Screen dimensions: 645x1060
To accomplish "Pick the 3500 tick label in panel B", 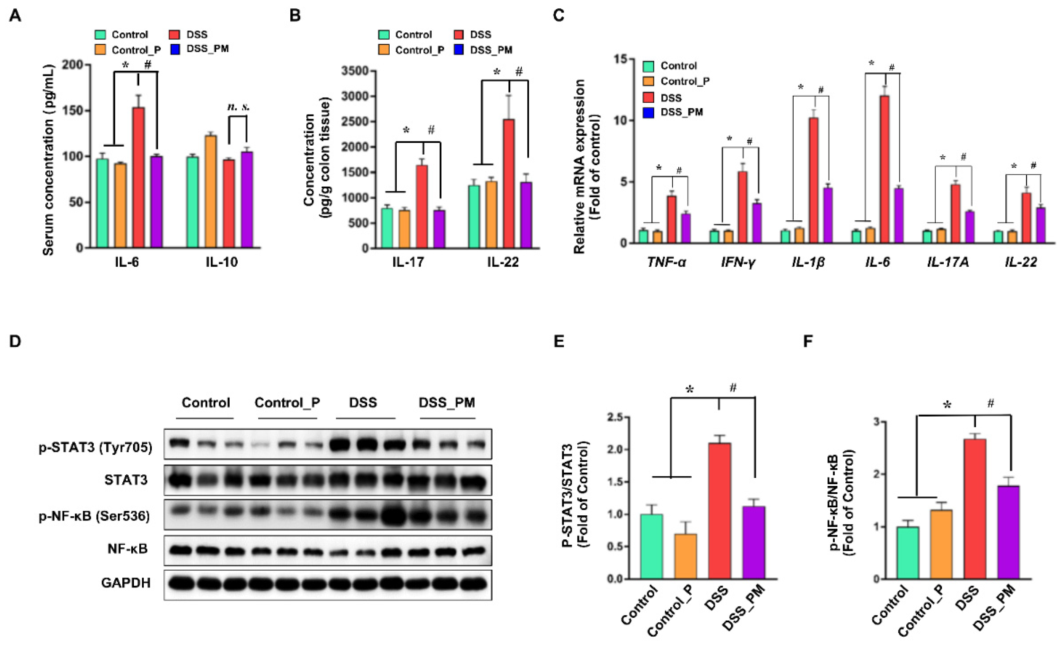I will pyautogui.click(x=355, y=70).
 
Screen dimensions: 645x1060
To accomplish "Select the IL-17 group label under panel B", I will pyautogui.click(x=408, y=262).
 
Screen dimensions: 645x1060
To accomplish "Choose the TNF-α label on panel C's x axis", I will pyautogui.click(x=666, y=262).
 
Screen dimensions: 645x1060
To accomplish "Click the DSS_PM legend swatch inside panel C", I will pyautogui.click(x=648, y=113).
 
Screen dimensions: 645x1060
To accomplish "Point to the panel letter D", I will pyautogui.click(x=15, y=341).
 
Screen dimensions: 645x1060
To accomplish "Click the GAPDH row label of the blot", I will pyautogui.click(x=126, y=583).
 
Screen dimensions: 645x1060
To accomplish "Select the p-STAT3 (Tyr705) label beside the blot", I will pyautogui.click(x=96, y=448).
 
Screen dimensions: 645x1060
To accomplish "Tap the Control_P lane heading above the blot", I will pyautogui.click(x=287, y=403).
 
